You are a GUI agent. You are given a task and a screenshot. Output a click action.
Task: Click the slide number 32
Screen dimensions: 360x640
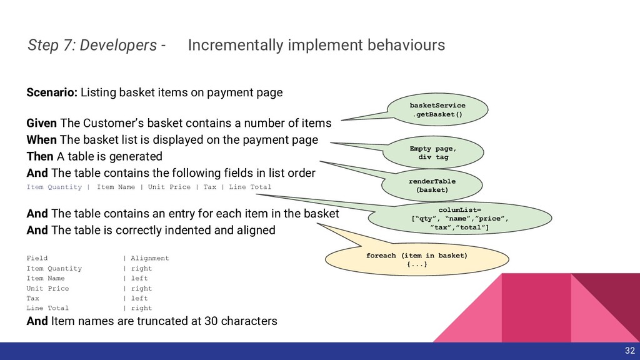coord(629,350)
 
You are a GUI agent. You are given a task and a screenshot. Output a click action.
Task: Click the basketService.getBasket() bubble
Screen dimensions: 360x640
coord(437,110)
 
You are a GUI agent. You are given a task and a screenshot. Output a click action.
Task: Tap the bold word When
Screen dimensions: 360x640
coord(41,139)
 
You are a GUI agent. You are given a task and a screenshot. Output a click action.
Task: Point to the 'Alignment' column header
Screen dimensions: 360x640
coord(150,258)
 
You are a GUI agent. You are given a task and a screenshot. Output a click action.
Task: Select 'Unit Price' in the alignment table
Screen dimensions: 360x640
coord(47,288)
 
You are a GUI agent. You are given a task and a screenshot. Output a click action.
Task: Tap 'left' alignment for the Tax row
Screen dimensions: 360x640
coord(139,298)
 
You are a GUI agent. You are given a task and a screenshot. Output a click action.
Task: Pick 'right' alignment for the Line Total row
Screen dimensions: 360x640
coord(141,308)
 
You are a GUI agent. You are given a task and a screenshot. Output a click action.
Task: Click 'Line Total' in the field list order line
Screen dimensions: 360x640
coord(251,187)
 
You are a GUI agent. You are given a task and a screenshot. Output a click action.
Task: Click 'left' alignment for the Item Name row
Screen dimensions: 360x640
coord(139,278)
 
